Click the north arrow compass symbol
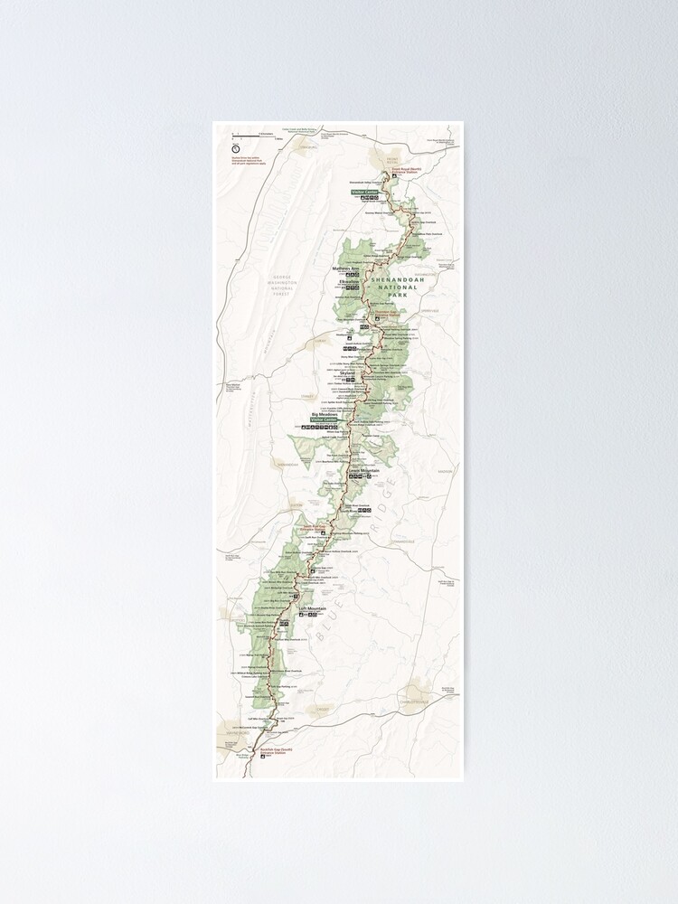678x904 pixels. pyautogui.click(x=236, y=150)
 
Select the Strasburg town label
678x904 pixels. pyautogui.click(x=305, y=146)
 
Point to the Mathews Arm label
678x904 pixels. pyautogui.click(x=346, y=268)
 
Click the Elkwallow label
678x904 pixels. pyautogui.click(x=349, y=282)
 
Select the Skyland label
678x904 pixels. pyautogui.click(x=347, y=371)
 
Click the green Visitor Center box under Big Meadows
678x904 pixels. pyautogui.click(x=323, y=420)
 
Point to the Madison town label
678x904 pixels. pyautogui.click(x=443, y=471)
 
